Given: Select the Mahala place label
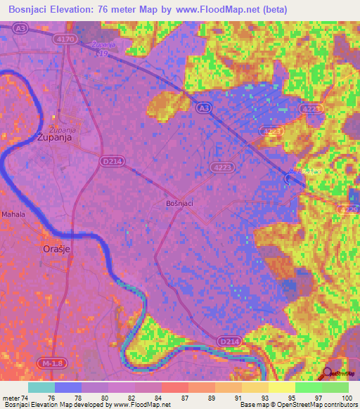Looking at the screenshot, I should [13, 214].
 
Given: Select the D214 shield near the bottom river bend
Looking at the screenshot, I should [229, 342].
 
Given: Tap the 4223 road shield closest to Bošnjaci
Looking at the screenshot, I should [221, 167].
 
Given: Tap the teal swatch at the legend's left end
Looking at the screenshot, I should [41, 387].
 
